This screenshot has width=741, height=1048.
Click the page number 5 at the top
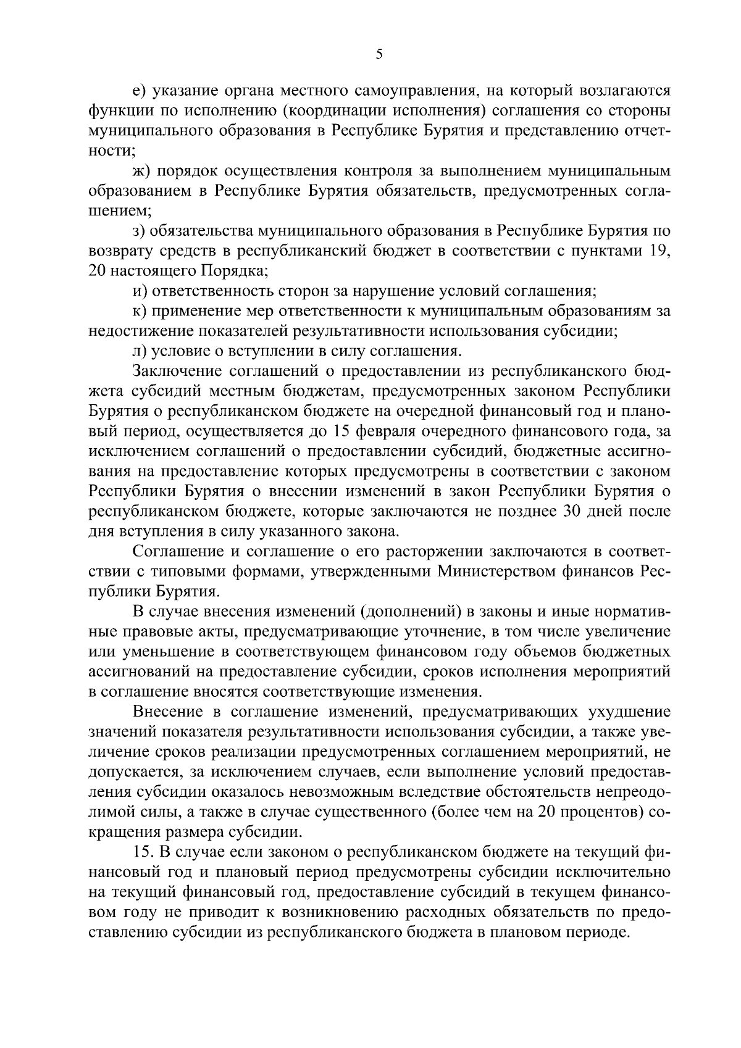point(379,55)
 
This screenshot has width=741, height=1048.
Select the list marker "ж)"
point(142,170)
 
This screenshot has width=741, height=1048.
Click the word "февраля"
point(382,431)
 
